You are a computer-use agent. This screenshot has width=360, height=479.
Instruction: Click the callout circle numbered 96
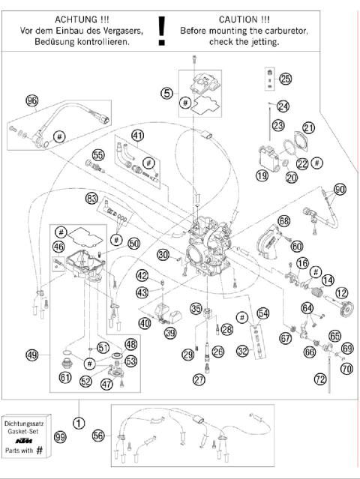coord(31,100)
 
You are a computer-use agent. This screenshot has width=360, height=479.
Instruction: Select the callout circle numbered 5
coord(166,93)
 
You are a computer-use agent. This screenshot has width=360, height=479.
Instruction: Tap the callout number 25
coord(285,79)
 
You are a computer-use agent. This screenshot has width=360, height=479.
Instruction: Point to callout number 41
coord(137,136)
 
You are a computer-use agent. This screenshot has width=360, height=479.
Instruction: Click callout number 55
coord(98,155)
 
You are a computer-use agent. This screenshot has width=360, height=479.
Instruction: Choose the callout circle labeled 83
coord(91,199)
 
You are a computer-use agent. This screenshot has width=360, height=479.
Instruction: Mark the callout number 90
coord(340,190)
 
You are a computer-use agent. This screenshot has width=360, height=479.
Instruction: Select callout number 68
coord(283,221)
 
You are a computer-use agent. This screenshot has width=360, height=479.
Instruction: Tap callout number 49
coord(31,355)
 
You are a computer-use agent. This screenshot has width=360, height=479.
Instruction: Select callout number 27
coord(198,379)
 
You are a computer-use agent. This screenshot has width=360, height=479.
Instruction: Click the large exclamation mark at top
coord(160,30)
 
